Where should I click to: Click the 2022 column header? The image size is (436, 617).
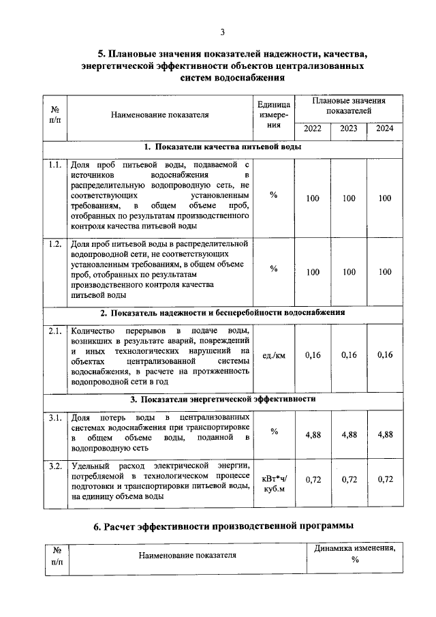click(313, 129)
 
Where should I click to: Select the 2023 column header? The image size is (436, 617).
click(349, 129)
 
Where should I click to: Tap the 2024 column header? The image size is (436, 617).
click(385, 129)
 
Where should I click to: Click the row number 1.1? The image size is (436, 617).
click(54, 165)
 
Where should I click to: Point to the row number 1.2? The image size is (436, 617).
click(54, 244)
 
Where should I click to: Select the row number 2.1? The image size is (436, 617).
click(54, 331)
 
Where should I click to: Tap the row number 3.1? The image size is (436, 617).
click(54, 417)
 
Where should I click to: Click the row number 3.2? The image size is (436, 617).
click(54, 466)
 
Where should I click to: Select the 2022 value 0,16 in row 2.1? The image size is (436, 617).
click(313, 355)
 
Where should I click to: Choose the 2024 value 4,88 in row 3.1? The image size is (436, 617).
click(385, 434)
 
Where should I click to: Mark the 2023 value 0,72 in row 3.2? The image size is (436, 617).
click(349, 480)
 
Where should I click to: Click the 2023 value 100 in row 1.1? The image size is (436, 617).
click(349, 198)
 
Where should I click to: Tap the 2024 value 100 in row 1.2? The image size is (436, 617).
click(385, 271)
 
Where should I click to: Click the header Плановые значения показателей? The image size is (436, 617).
click(348, 105)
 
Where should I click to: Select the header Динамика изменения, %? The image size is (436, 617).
click(355, 554)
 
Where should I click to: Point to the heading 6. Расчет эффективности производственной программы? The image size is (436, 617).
click(223, 526)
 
